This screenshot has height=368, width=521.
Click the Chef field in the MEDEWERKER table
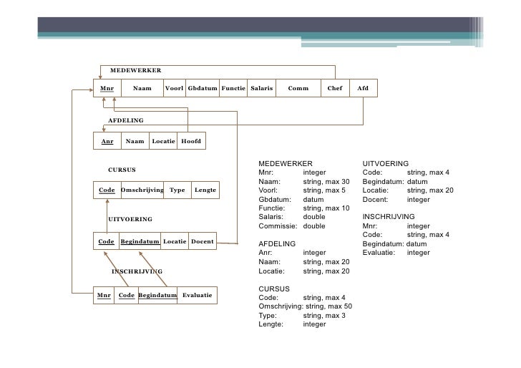335,88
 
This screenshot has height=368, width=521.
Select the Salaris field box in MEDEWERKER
261,88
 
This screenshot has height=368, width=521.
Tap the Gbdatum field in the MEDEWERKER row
203,88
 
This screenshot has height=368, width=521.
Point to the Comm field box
298,88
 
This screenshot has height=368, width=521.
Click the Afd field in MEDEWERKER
363,88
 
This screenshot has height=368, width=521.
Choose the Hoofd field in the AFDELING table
191,141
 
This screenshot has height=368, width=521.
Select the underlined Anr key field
107,141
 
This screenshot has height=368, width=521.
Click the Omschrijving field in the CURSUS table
142,190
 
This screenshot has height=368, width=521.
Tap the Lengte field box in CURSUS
205,190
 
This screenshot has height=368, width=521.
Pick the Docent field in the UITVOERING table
203,241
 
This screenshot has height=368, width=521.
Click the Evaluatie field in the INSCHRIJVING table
197,295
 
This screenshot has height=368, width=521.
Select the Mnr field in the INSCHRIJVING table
104,295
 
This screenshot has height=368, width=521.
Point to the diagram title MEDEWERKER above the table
135,70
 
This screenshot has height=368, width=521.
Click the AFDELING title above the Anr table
126,120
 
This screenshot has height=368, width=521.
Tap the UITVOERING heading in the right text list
386,163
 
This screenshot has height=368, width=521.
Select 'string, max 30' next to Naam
326,182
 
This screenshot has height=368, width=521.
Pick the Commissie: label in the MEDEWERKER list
278,226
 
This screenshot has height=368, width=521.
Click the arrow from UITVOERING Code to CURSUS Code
107,216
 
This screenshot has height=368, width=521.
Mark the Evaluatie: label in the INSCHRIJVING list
379,253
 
